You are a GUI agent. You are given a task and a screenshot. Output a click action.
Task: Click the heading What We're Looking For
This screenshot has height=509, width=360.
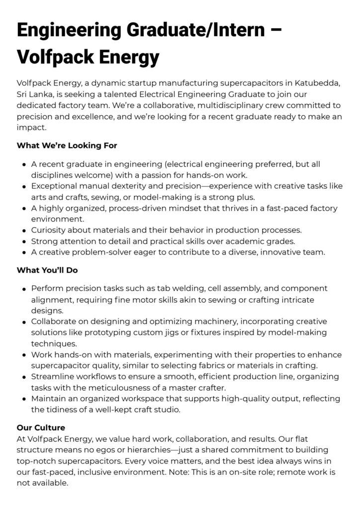67,146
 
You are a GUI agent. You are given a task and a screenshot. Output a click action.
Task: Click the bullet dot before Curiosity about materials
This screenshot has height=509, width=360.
24,230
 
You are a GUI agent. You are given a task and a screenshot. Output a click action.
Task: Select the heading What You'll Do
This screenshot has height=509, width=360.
47,270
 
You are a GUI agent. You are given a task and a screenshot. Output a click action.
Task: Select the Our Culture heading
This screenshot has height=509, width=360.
41,427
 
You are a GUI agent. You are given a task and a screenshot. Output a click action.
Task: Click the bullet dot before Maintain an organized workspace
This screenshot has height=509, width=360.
24,399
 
